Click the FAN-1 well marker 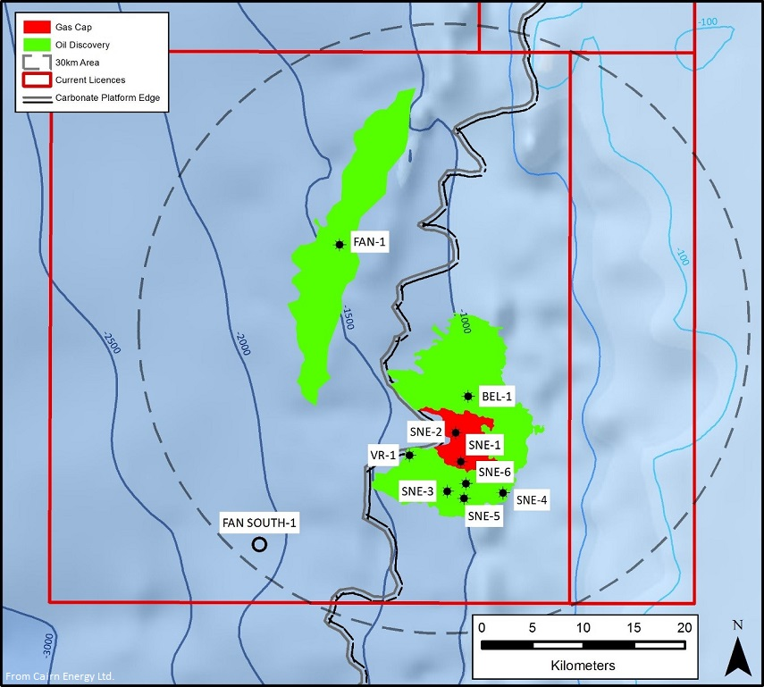(339, 244)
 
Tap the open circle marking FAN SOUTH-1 (259, 544)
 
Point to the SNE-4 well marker (503, 492)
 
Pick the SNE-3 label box (417, 490)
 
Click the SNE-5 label (483, 515)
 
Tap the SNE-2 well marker (456, 432)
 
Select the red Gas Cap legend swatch (37, 27)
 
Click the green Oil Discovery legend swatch (37, 44)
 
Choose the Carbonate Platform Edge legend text (107, 97)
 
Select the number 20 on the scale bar (685, 626)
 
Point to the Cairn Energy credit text (60, 675)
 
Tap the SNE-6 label (494, 472)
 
